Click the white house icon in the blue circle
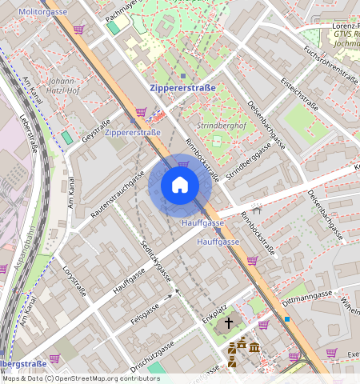(180, 186)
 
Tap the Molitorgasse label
(42, 13)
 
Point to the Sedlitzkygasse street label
(156, 261)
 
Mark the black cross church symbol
(228, 323)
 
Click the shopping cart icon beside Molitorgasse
(78, 30)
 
